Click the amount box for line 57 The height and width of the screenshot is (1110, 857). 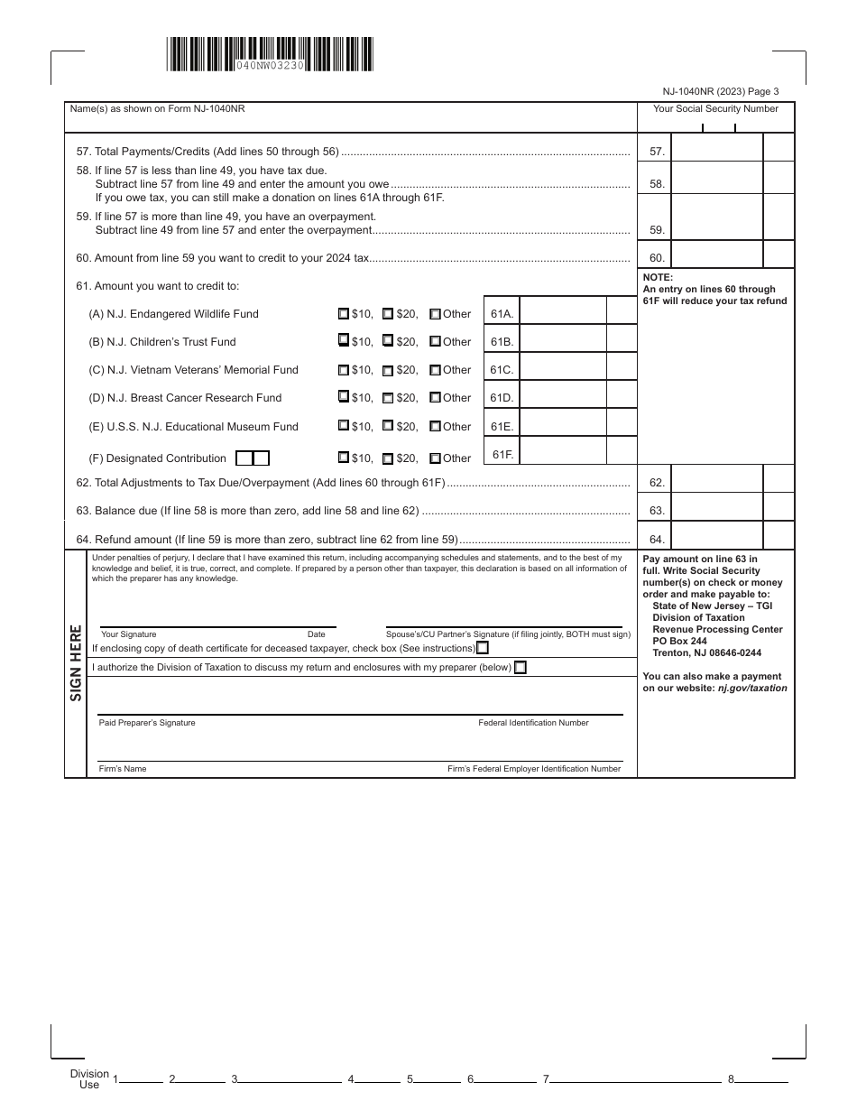tap(718, 152)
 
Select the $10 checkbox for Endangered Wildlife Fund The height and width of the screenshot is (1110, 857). tap(343, 314)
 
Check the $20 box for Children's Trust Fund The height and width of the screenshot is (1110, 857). tap(388, 342)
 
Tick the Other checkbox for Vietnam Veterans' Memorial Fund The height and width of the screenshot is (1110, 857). tap(435, 370)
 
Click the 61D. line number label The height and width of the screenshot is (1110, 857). tap(502, 398)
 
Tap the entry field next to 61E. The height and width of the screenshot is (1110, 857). tap(563, 426)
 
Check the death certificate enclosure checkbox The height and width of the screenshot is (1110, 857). tap(484, 648)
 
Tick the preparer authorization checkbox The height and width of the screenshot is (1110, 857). tap(520, 668)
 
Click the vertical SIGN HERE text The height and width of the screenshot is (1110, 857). tap(76, 662)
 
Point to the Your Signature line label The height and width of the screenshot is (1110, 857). tap(128, 634)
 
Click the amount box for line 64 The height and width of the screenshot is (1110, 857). tap(718, 539)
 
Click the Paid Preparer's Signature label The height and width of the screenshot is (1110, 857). tap(147, 723)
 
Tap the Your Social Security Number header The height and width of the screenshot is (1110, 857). tap(715, 108)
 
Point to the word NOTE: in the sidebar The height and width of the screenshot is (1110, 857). tap(659, 278)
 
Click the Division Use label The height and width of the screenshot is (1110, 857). tap(89, 1079)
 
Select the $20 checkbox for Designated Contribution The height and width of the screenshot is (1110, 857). tap(388, 458)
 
